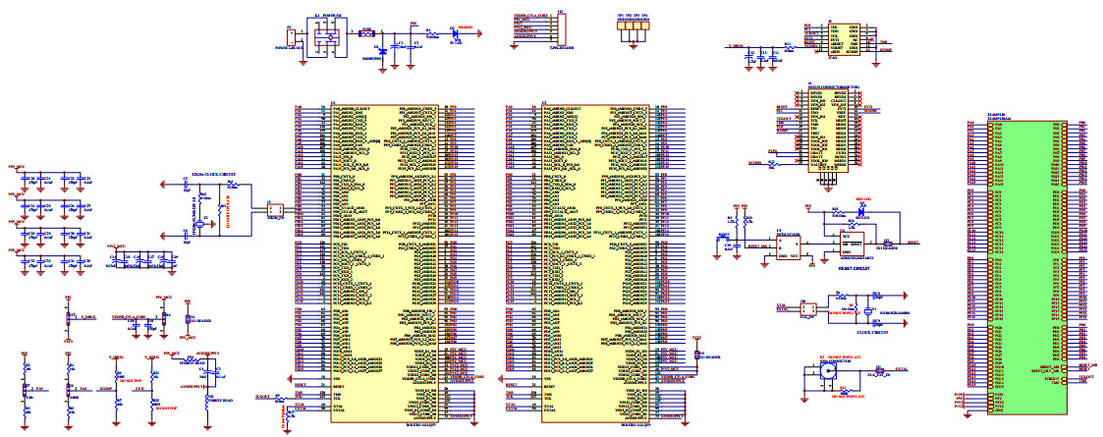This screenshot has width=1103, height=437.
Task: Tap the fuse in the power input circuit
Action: pyautogui.click(x=366, y=33)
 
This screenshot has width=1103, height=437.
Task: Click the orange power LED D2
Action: pyautogui.click(x=454, y=33)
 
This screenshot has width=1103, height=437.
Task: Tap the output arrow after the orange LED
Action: pyautogui.click(x=476, y=33)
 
